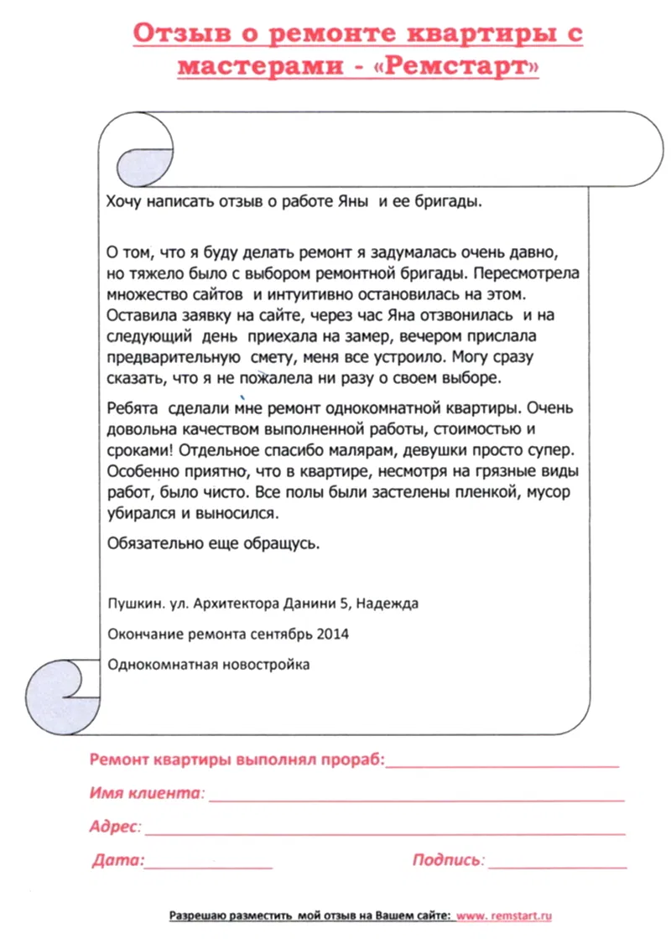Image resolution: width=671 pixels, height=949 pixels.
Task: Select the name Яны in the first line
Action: (351, 202)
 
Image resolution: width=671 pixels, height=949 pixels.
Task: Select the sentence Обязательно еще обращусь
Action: (214, 543)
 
